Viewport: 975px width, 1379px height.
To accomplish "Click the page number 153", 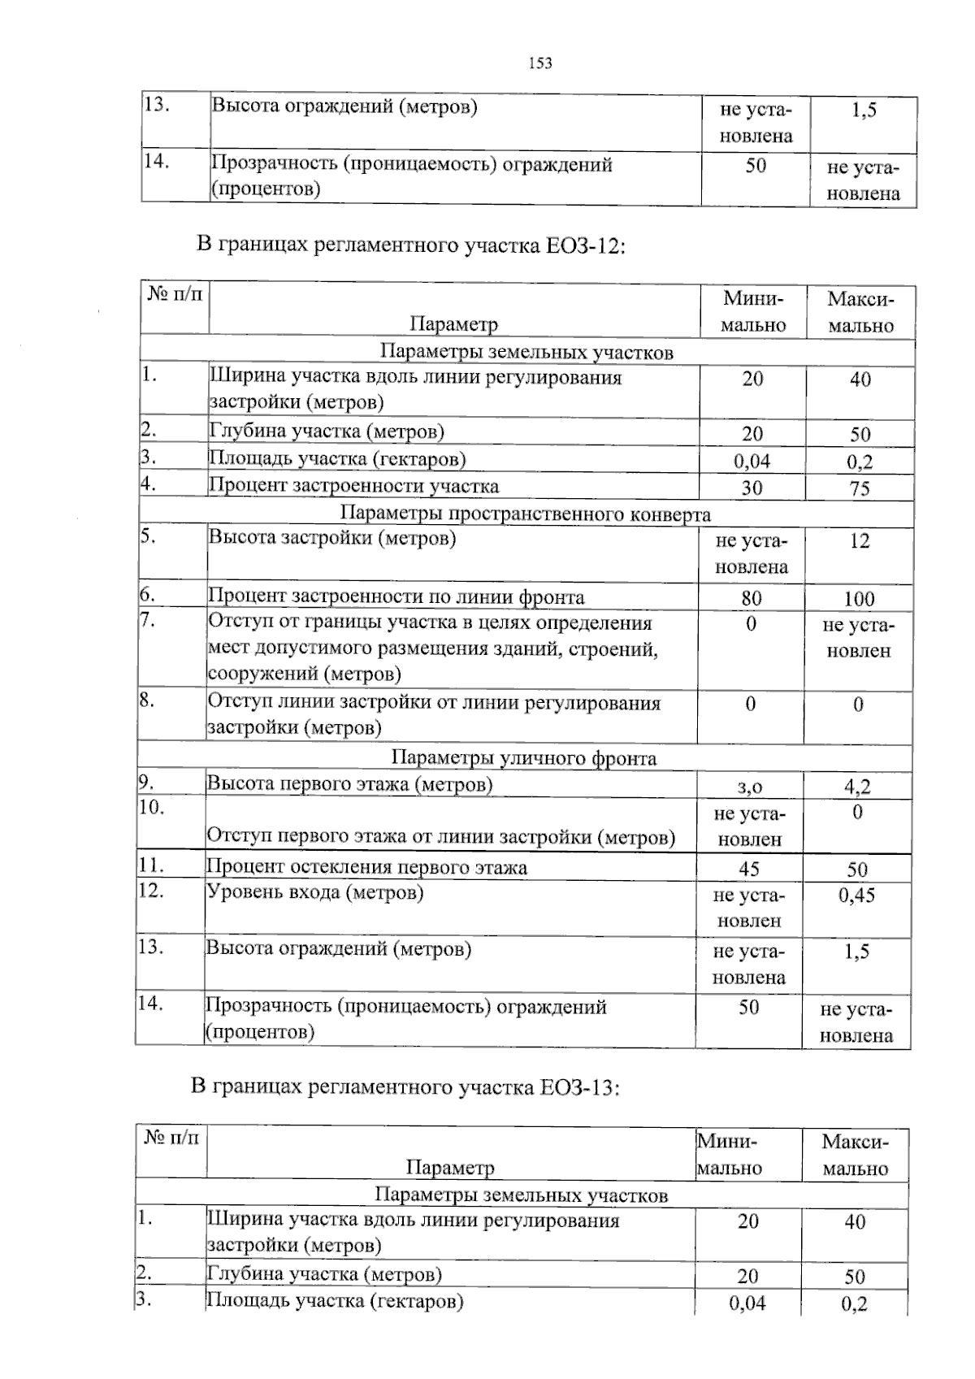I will [x=540, y=63].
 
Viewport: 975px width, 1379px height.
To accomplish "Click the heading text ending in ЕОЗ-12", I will [x=411, y=245].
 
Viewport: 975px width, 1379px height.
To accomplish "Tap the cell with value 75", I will [x=860, y=488].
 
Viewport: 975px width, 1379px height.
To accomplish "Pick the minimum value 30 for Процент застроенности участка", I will [x=752, y=488].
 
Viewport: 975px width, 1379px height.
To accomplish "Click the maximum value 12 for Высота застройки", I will [x=859, y=541].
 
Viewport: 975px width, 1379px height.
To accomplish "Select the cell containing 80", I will [x=752, y=599].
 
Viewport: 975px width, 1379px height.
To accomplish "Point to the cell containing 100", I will [x=859, y=600].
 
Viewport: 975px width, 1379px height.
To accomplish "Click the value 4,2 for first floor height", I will [x=857, y=787].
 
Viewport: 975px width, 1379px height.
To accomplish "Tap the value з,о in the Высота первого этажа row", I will [x=749, y=787].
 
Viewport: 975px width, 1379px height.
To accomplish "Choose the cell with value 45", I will [x=749, y=869].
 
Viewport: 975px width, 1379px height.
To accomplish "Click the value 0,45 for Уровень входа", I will [x=856, y=895].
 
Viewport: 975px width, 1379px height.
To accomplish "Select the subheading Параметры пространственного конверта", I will [x=525, y=514].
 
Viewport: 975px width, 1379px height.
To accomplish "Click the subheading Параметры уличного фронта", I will [x=524, y=758].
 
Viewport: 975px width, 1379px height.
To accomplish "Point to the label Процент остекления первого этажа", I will [x=367, y=867].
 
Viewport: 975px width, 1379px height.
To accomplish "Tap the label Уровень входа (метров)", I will [x=315, y=892].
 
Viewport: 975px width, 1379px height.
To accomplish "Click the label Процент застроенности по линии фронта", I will [x=396, y=597].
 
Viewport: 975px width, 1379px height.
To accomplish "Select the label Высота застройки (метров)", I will [x=332, y=538].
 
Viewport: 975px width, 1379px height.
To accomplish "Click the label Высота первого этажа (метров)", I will [x=350, y=784].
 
